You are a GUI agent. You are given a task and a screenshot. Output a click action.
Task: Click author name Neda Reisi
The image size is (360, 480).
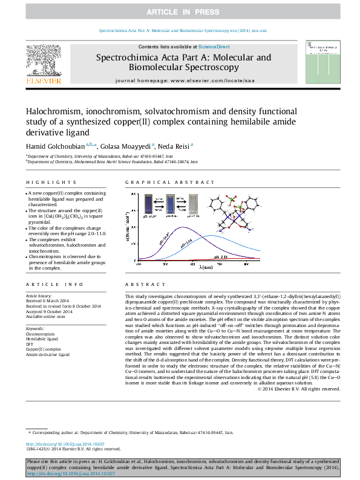pyautogui.click(x=175, y=146)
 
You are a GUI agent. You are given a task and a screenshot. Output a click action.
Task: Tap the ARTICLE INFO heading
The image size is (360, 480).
pyautogui.click(x=45, y=284)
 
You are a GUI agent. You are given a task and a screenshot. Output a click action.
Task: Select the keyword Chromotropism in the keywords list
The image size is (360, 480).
pyautogui.click(x=40, y=334)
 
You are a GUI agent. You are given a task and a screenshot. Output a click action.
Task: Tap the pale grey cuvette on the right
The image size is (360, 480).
pyautogui.click(x=194, y=203)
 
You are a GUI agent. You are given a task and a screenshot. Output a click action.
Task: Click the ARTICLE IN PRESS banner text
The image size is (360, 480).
pyautogui.click(x=180, y=11)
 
